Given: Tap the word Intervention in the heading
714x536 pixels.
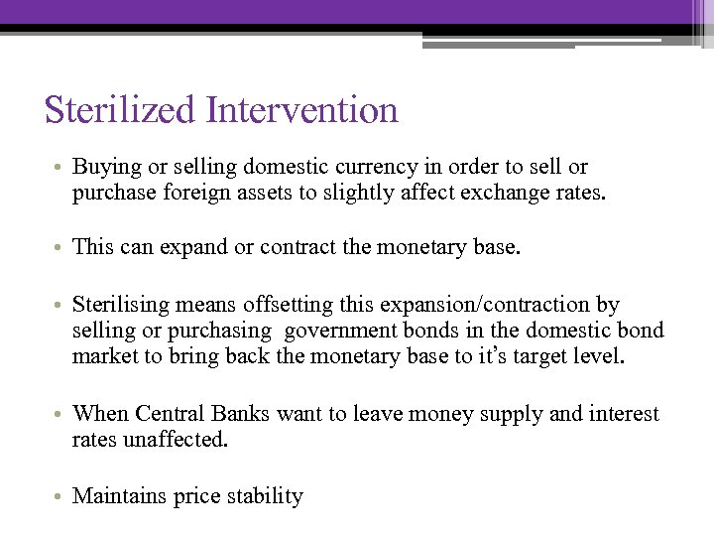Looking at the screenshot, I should point(302,109).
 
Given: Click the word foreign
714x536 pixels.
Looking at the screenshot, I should point(233,193).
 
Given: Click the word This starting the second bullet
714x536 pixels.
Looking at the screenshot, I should point(93,247).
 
